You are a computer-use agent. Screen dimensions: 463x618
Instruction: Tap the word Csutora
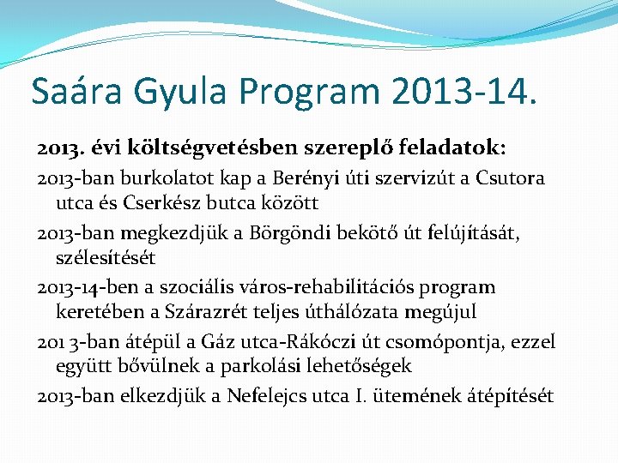(x=514, y=178)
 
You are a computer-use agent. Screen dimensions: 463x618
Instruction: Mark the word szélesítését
(x=105, y=257)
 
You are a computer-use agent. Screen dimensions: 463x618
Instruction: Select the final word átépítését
(x=511, y=395)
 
